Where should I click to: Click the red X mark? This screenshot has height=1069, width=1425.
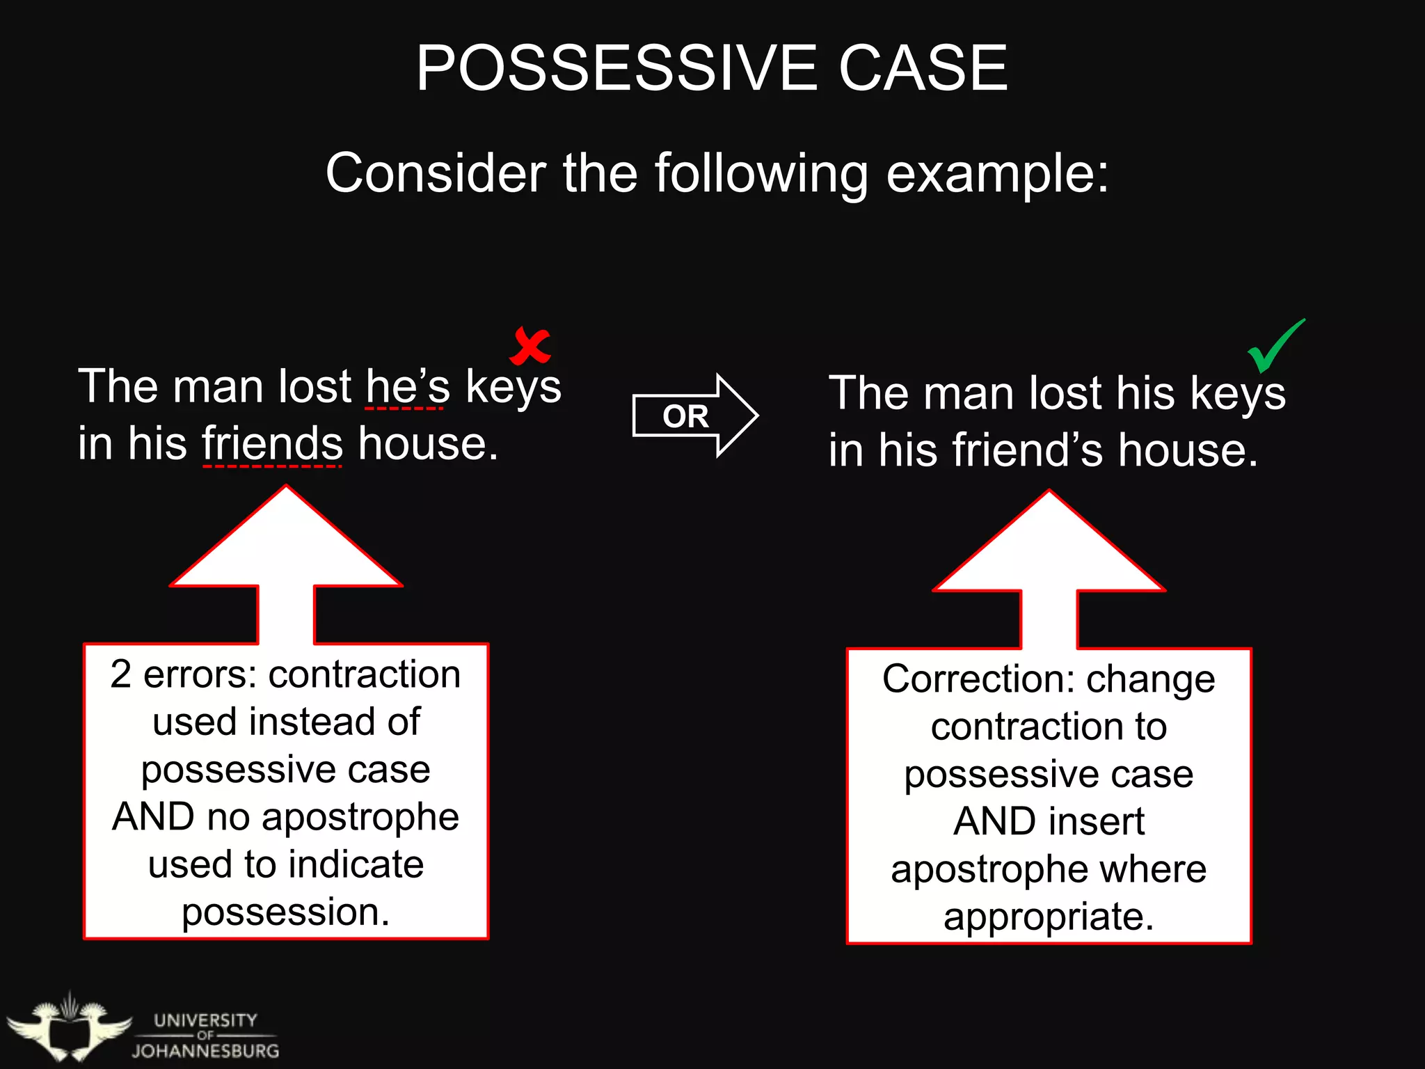(x=530, y=346)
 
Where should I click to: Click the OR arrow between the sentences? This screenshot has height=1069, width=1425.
(x=694, y=416)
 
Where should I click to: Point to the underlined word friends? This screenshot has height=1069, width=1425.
(x=272, y=444)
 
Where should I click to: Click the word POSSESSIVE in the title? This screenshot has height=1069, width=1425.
(x=616, y=68)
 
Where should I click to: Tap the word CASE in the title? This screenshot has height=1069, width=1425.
(x=923, y=68)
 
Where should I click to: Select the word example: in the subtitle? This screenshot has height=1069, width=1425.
(x=997, y=174)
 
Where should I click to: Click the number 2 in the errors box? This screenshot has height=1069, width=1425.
(x=120, y=674)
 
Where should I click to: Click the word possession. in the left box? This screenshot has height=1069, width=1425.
(x=285, y=912)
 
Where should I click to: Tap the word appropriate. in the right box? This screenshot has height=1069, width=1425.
(x=1049, y=917)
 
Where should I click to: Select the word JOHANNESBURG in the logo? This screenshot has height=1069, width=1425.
(x=205, y=1051)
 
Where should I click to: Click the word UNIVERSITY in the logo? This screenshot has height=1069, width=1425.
(x=205, y=1020)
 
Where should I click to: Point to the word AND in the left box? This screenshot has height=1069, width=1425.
(x=153, y=817)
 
